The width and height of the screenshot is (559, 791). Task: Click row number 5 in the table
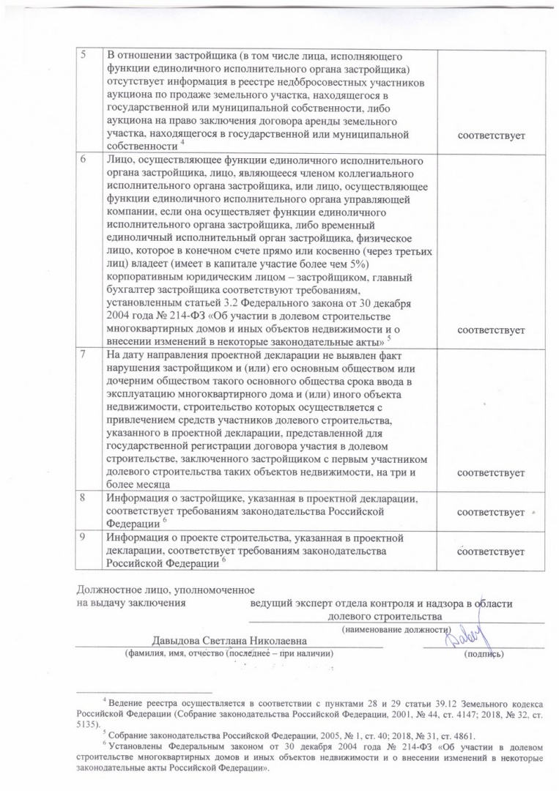[84, 57]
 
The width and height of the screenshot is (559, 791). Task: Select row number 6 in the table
[84, 160]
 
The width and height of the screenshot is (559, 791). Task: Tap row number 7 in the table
[84, 354]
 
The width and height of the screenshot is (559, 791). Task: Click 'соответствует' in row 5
[491, 137]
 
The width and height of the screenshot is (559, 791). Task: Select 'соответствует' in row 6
[491, 331]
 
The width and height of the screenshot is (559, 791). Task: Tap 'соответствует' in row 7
[491, 473]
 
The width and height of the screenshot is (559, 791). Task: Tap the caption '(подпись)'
[484, 653]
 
